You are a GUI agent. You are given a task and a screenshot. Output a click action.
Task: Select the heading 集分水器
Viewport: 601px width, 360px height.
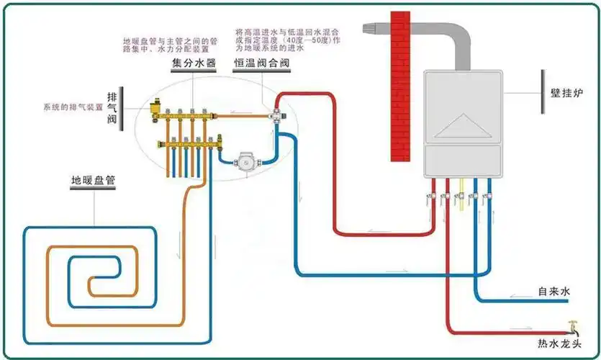coord(194,63)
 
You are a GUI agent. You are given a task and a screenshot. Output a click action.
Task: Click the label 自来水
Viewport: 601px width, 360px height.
coord(554,292)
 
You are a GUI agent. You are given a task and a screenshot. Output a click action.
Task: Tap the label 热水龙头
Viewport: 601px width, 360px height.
coord(559,343)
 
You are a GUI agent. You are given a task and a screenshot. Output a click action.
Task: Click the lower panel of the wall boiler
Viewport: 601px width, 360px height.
coord(461,161)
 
